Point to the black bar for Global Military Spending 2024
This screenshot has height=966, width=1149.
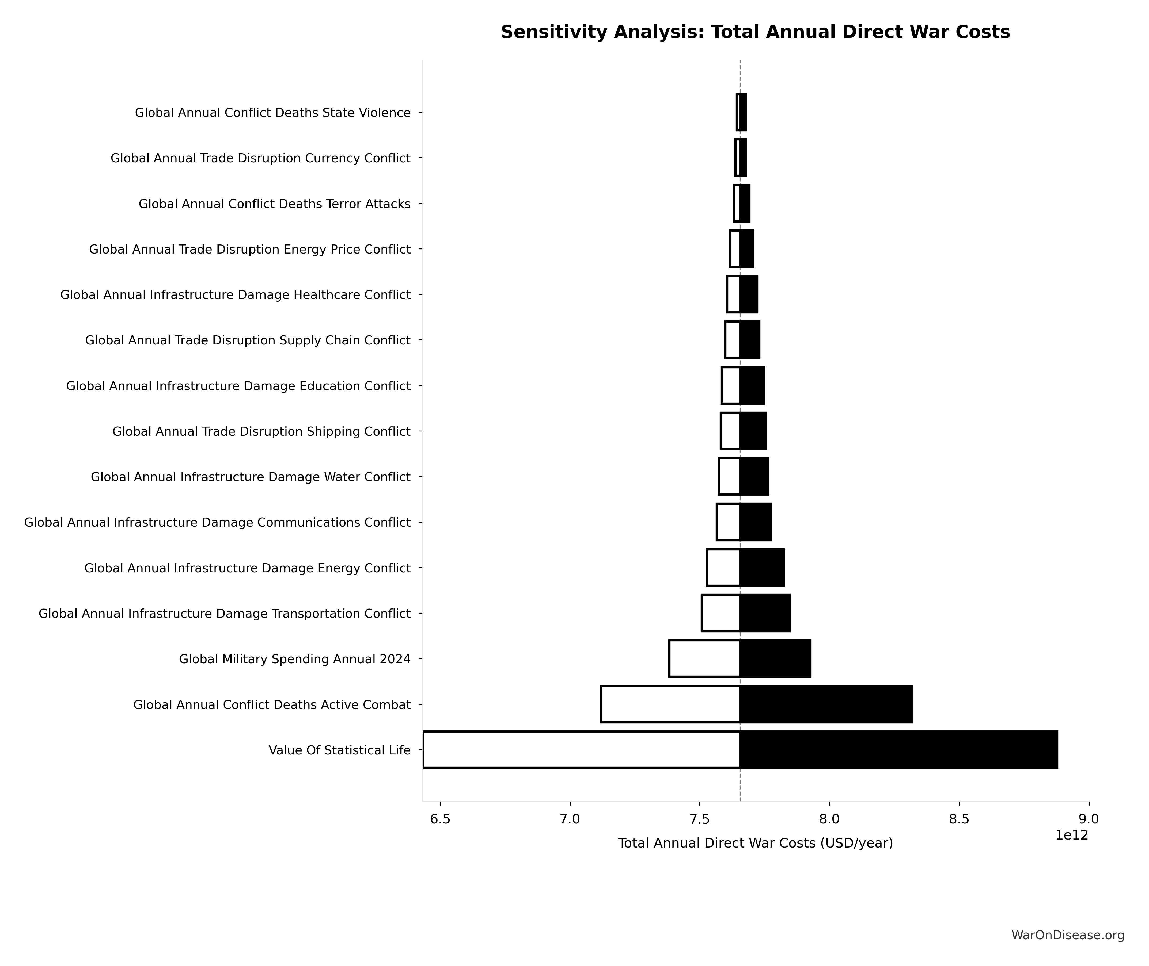775,658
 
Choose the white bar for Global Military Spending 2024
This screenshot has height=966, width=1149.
704,658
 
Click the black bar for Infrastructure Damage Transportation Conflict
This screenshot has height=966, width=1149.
765,613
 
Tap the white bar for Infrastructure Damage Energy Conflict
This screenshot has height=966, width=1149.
723,567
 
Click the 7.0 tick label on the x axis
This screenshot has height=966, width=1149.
570,819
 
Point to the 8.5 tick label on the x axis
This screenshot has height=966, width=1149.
959,819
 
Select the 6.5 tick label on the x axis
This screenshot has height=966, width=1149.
440,819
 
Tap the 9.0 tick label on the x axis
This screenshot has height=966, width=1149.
1088,819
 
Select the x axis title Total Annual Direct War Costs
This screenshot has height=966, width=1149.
755,843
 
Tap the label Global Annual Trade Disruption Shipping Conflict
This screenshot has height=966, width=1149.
261,432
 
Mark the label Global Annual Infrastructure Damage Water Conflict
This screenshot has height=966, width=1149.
251,477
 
